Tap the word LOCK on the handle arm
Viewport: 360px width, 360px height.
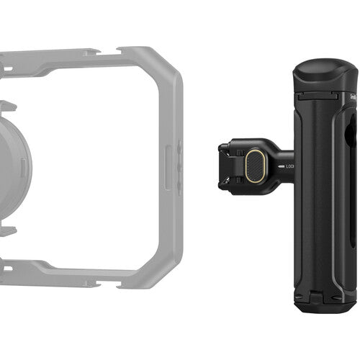click(289, 167)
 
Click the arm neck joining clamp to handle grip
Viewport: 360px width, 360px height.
click(282, 167)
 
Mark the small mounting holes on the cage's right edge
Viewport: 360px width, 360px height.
click(180, 163)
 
